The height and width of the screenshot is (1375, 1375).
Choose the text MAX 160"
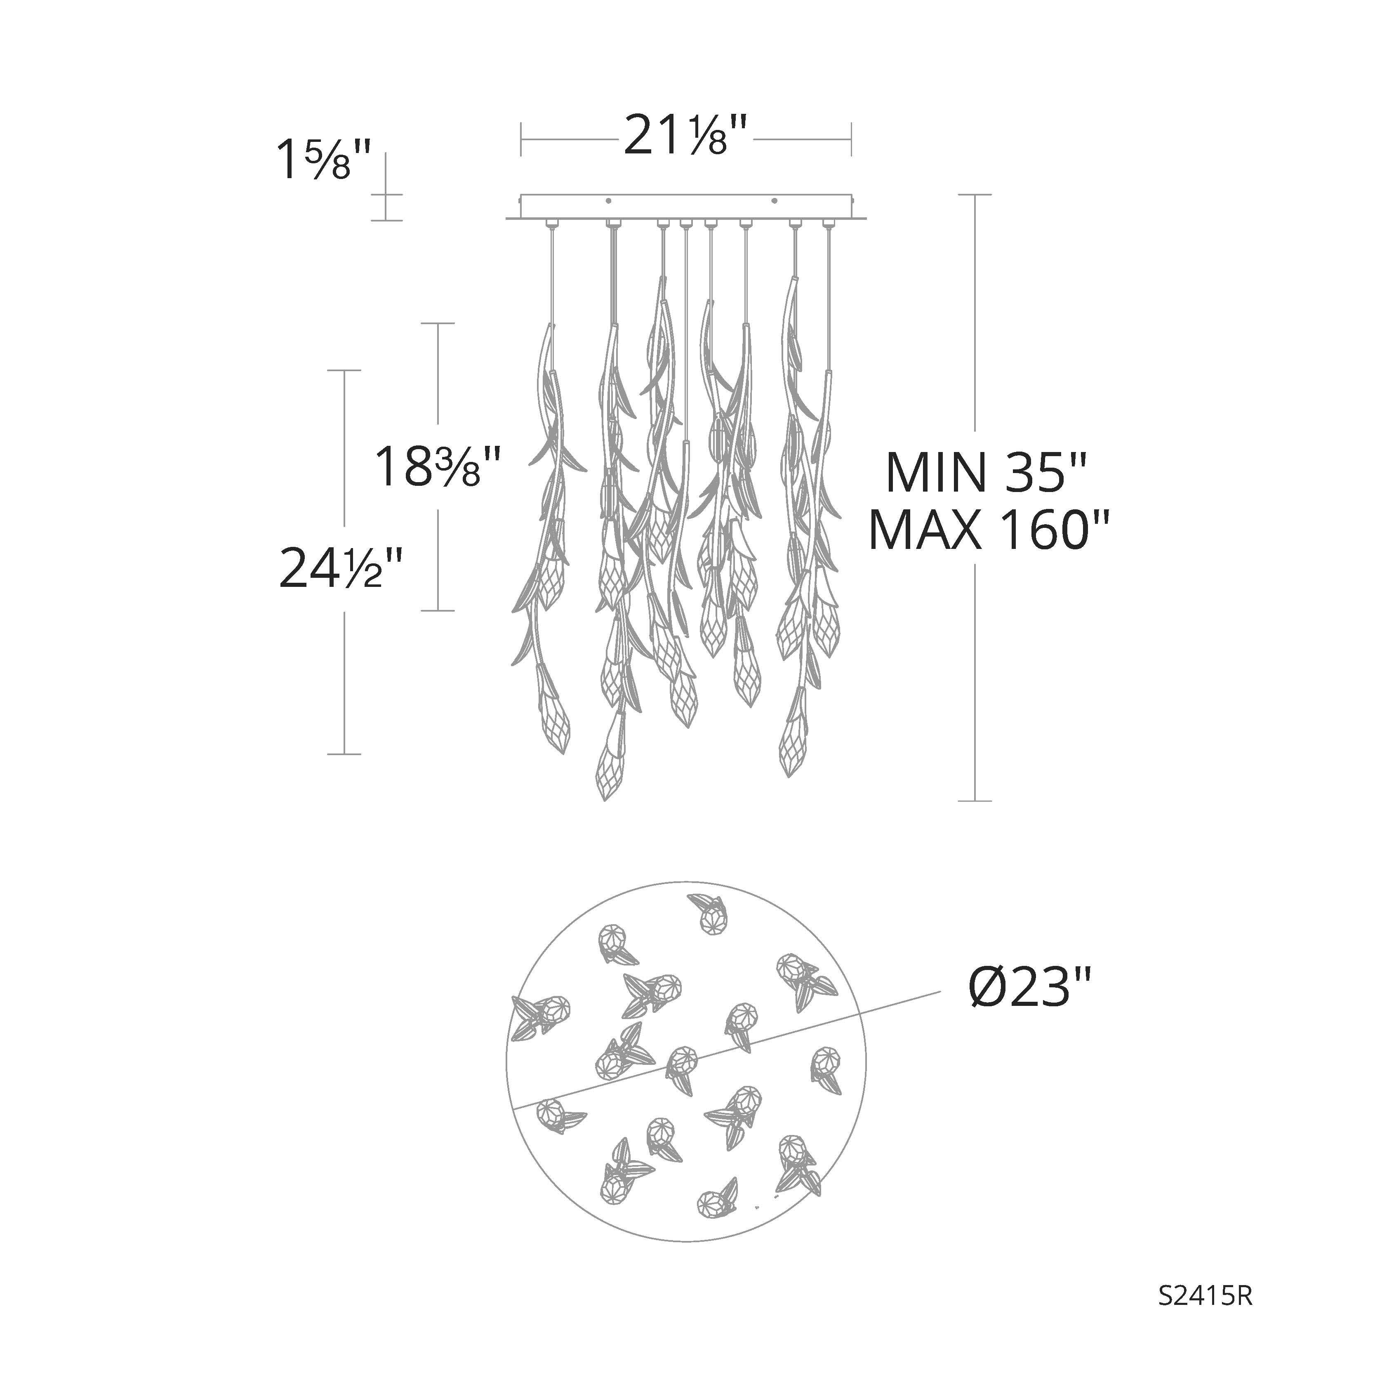pyautogui.click(x=989, y=530)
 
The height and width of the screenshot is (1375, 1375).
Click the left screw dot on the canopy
pyautogui.click(x=608, y=201)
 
